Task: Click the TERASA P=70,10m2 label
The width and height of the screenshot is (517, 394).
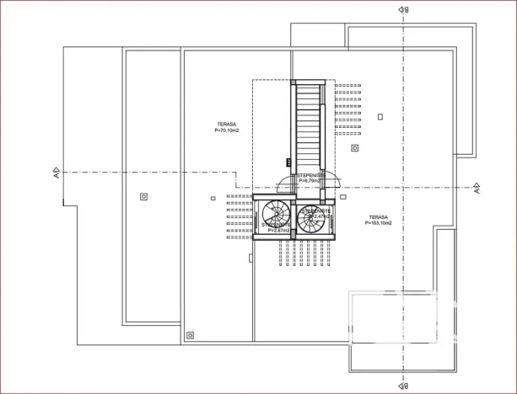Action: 227,127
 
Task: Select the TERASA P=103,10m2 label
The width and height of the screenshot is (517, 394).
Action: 378,220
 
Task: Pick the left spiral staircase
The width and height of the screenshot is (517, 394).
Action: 275,217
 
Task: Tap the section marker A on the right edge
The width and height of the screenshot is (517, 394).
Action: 477,188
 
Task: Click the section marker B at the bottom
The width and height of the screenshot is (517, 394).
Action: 405,386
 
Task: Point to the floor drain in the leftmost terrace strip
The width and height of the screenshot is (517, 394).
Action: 143,196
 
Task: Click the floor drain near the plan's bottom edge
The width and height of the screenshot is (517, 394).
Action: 190,335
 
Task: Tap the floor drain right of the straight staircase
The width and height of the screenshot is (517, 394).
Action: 355,147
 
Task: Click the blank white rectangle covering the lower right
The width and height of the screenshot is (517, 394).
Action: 394,317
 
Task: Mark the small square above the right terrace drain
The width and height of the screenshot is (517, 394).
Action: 380,116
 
